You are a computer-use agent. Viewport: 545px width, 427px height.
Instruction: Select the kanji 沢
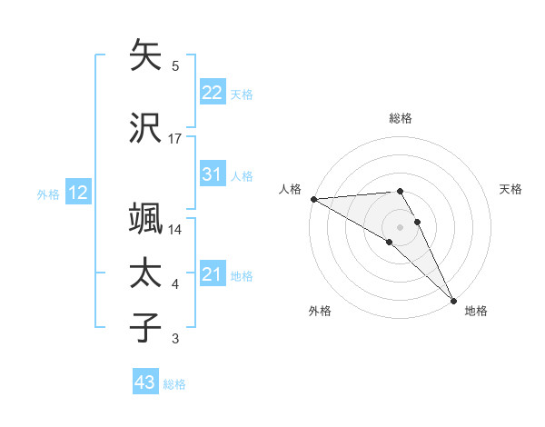pyautogui.click(x=146, y=127)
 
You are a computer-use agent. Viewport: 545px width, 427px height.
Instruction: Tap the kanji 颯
pyautogui.click(x=146, y=219)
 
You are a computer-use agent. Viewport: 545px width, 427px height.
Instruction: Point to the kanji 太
pyautogui.click(x=146, y=273)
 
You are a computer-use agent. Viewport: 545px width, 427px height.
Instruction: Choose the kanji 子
pyautogui.click(x=146, y=328)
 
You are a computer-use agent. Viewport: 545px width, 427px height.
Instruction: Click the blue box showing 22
pyautogui.click(x=213, y=93)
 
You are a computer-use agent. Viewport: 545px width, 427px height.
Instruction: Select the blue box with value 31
pyautogui.click(x=213, y=174)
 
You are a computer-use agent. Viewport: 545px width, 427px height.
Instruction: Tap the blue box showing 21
pyautogui.click(x=213, y=274)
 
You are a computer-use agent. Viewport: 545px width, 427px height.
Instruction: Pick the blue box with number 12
pyautogui.click(x=78, y=193)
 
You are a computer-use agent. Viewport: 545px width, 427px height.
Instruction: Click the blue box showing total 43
pyautogui.click(x=145, y=383)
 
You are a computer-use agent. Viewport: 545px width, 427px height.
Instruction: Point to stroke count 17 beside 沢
pyautogui.click(x=175, y=139)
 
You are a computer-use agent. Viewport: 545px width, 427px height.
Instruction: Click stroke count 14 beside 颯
pyautogui.click(x=175, y=230)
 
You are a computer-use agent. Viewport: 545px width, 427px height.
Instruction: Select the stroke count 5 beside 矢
pyautogui.click(x=175, y=66)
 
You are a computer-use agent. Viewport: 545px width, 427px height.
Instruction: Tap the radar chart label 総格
pyautogui.click(x=401, y=118)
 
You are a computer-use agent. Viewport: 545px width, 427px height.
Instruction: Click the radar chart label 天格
pyautogui.click(x=510, y=189)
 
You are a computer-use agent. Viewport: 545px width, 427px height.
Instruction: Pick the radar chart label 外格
pyautogui.click(x=320, y=311)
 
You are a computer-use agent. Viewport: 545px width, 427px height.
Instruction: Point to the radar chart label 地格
pyautogui.click(x=476, y=311)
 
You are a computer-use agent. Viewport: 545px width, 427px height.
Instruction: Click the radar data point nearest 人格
pyautogui.click(x=313, y=199)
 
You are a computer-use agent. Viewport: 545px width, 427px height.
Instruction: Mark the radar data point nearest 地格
pyautogui.click(x=453, y=301)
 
